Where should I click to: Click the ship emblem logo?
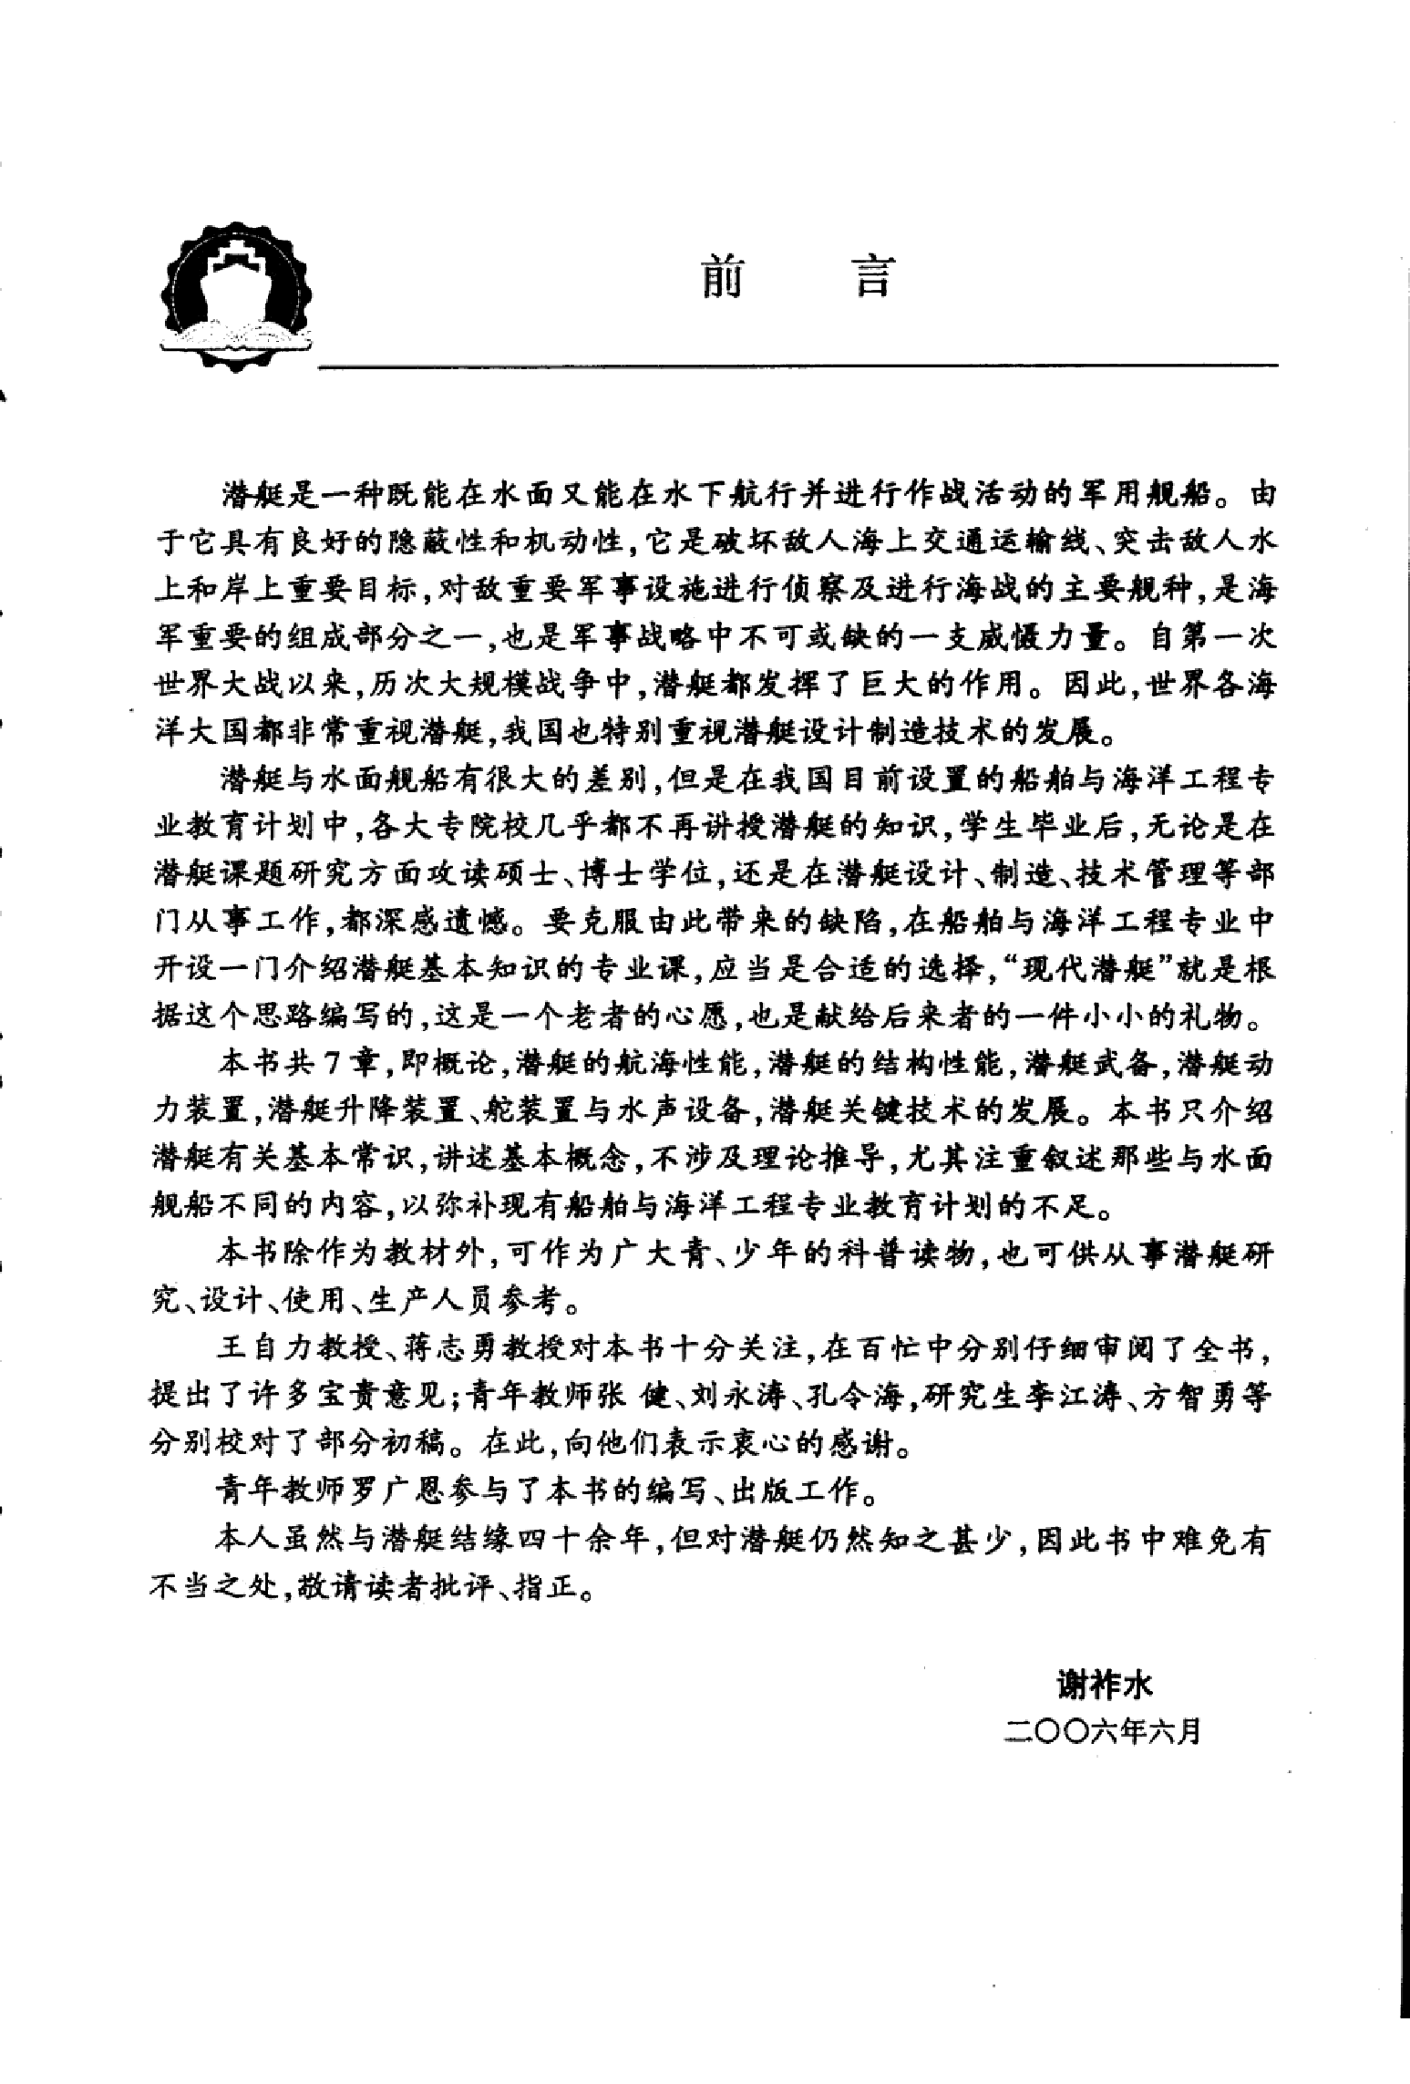point(235,297)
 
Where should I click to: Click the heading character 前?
point(722,277)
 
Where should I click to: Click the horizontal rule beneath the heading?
point(797,366)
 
